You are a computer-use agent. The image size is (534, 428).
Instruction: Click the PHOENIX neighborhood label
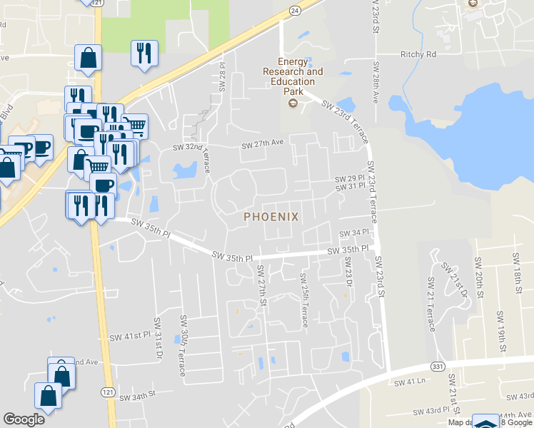click(x=271, y=215)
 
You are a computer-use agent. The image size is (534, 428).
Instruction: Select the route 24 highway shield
click(x=294, y=10)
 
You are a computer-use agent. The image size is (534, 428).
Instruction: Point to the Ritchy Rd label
click(x=418, y=54)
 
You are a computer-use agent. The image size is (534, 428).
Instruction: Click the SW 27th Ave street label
click(x=263, y=144)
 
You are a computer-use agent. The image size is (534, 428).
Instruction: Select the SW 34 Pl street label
click(x=353, y=233)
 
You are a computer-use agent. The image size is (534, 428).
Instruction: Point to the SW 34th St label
click(x=137, y=396)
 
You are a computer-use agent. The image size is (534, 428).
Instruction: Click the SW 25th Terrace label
click(x=304, y=300)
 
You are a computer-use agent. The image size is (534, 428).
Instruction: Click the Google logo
click(x=24, y=419)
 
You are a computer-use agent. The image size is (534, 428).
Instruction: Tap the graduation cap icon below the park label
click(x=292, y=104)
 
